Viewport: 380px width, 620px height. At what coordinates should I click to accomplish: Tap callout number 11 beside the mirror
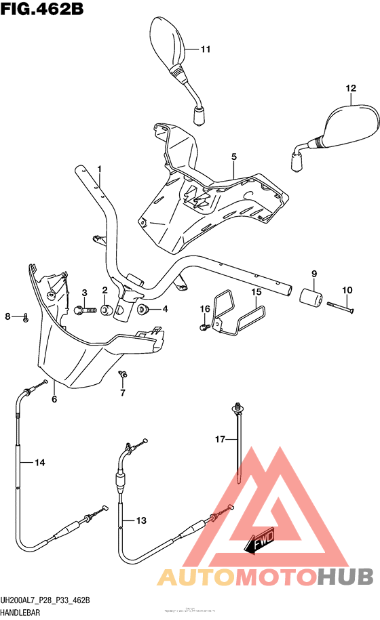(x=206, y=49)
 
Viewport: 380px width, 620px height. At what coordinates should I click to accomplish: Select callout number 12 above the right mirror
(x=350, y=89)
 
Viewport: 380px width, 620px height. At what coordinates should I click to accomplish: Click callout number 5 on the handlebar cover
(x=233, y=157)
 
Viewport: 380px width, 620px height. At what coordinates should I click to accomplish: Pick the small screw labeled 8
(x=25, y=317)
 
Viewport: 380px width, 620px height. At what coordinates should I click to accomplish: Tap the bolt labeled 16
(x=204, y=327)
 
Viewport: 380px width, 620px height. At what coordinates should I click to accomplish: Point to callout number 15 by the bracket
(x=256, y=292)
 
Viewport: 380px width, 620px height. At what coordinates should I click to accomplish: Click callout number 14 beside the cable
(x=39, y=463)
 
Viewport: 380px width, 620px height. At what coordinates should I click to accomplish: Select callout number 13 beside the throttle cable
(x=141, y=520)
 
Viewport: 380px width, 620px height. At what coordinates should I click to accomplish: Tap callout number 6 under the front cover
(x=54, y=399)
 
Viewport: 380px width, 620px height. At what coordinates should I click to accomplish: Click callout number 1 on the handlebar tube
(x=98, y=169)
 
